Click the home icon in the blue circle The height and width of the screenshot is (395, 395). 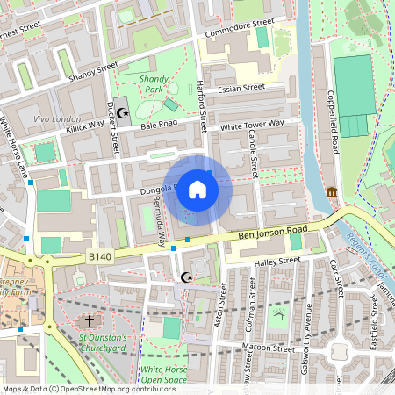[x=197, y=189]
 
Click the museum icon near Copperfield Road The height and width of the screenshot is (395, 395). [x=332, y=192]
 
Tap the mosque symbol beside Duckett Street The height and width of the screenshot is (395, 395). [x=123, y=112]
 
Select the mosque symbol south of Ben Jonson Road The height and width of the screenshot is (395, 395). [x=185, y=278]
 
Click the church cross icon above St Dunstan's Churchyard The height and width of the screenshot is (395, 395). [x=90, y=321]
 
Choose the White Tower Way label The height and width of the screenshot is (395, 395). [x=252, y=126]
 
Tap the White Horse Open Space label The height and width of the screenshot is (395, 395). [x=164, y=375]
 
